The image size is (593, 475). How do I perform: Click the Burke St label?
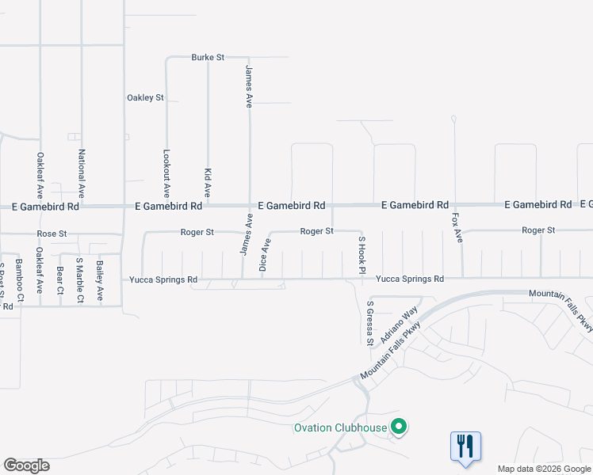[209, 57]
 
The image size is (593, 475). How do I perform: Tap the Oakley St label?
[145, 97]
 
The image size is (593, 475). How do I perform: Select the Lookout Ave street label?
[166, 173]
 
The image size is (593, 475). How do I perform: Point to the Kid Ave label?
[208, 182]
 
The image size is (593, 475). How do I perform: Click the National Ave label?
[81, 173]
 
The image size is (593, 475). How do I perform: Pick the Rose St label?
[49, 234]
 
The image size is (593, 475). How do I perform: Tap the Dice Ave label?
[266, 256]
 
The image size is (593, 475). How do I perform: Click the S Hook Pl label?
[362, 255]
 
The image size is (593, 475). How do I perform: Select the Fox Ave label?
[456, 227]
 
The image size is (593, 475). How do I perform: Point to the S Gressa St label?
[369, 323]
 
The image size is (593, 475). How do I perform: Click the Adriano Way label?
[399, 325]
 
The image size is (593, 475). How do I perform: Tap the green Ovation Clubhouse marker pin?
[400, 428]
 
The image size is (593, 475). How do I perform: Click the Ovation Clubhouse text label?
[340, 428]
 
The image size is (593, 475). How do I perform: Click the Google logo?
[26, 465]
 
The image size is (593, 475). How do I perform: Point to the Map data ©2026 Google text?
[544, 469]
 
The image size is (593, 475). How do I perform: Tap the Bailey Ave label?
[99, 281]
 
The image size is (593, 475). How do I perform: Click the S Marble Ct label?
[79, 280]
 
